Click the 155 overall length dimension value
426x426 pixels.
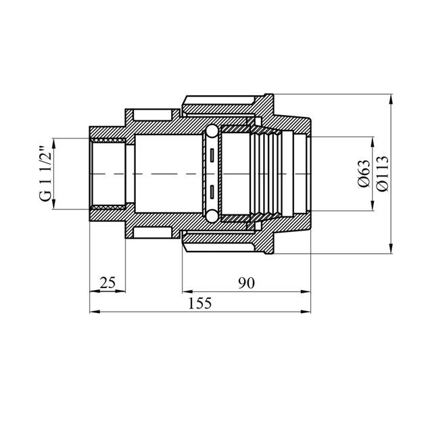pos(200,304)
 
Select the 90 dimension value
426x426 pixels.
pos(246,283)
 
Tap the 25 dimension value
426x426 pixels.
pos(108,283)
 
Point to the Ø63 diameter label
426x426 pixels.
pos(364,174)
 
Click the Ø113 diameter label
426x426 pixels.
pos(383,174)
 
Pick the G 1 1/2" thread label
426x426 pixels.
pos(45,174)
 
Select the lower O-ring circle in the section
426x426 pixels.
pos(211,216)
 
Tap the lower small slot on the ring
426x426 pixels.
pos(212,191)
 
